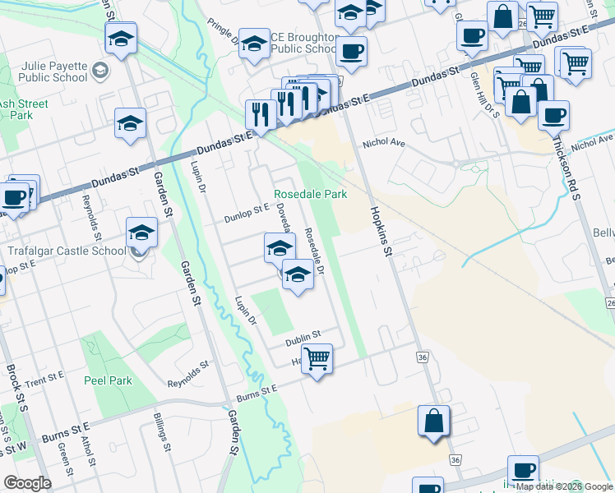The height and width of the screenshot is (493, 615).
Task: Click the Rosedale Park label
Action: point(310,194)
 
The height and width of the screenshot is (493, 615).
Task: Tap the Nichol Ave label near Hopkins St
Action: point(385,143)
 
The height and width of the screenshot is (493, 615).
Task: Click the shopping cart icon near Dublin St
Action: point(317,358)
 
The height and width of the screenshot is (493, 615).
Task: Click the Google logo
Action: point(27,483)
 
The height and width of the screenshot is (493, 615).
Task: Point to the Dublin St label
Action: point(302,339)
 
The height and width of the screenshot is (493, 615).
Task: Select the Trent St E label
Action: point(44,380)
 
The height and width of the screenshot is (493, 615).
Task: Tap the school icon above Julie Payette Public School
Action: point(121,40)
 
